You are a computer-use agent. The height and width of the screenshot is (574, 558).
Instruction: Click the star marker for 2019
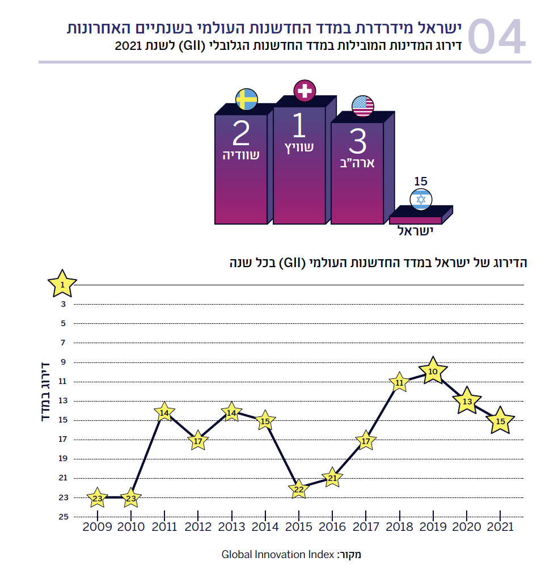click(x=433, y=372)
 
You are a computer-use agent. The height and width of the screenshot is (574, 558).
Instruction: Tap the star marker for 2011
click(x=164, y=413)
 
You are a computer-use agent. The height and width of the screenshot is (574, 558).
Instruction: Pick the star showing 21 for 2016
click(x=332, y=478)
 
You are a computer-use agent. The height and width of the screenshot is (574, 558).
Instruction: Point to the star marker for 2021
click(x=500, y=421)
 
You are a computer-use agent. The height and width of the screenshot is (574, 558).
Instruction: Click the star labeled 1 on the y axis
click(x=62, y=284)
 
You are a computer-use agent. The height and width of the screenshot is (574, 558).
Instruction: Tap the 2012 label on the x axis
click(x=198, y=527)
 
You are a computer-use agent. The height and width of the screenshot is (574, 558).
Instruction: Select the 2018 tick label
click(x=399, y=527)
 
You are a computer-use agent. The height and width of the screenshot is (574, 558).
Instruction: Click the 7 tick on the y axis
click(x=63, y=343)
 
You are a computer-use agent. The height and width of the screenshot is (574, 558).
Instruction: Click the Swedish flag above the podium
click(x=247, y=99)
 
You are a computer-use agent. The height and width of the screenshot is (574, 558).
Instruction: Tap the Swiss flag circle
click(x=305, y=91)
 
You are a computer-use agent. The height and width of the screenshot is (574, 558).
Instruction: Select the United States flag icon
click(x=363, y=106)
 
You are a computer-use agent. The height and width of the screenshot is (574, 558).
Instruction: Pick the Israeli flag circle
click(x=421, y=199)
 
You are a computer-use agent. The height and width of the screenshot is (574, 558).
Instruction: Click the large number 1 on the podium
click(x=299, y=126)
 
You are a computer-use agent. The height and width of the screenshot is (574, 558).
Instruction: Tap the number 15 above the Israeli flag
click(x=420, y=182)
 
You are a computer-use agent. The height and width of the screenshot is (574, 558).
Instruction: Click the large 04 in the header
click(x=497, y=37)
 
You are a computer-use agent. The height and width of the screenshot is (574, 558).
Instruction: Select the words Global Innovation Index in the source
click(x=277, y=554)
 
